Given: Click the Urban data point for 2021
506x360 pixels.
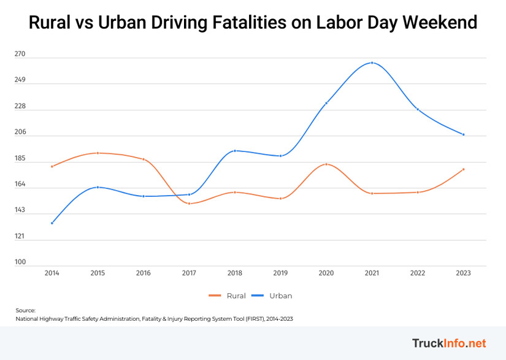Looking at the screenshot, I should click(x=372, y=63).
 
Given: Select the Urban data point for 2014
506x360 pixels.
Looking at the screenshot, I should click(x=52, y=223).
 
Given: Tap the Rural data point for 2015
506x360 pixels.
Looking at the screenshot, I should click(x=98, y=153).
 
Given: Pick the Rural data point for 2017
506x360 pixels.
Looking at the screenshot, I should click(x=189, y=204).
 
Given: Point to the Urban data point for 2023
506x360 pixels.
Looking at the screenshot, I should click(x=463, y=134).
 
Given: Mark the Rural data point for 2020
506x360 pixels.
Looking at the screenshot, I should click(x=326, y=164).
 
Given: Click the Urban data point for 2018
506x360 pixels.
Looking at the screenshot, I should click(x=235, y=151).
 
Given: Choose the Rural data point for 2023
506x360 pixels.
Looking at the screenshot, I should click(x=463, y=169).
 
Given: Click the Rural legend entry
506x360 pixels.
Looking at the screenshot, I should click(x=228, y=296).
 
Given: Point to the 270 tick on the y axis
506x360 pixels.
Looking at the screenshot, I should click(x=20, y=54).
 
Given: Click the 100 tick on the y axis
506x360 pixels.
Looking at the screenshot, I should click(x=20, y=262).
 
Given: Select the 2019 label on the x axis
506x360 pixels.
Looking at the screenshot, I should click(x=280, y=273).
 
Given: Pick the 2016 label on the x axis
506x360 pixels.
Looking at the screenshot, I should click(x=144, y=273).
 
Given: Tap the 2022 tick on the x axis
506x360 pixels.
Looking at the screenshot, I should click(x=418, y=273).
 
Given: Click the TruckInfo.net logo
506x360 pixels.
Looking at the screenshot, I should click(x=448, y=342).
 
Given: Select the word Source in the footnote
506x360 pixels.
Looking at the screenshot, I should click(x=25, y=310).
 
